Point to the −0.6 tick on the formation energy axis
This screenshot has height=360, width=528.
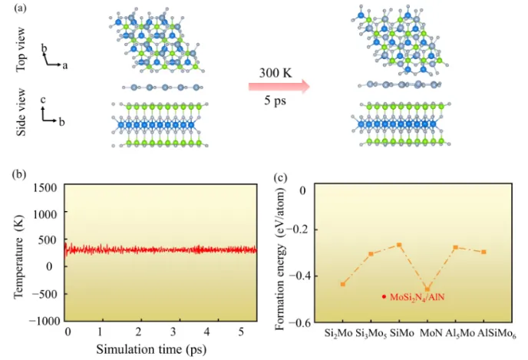pyautogui.click(x=307, y=321)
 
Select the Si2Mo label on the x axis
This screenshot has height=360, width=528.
pyautogui.click(x=334, y=335)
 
